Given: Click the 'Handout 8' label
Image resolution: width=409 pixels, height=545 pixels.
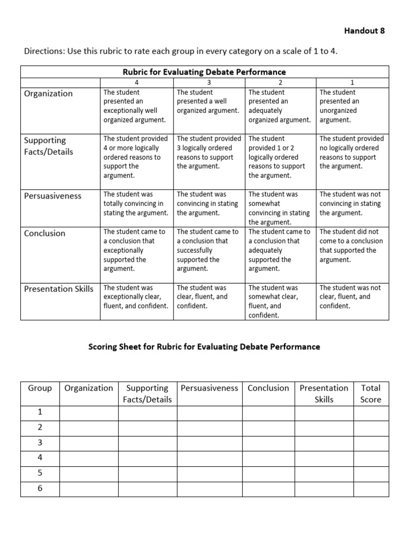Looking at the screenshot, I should point(364,31).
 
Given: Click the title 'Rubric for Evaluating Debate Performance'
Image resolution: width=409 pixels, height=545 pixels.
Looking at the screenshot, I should point(204,72).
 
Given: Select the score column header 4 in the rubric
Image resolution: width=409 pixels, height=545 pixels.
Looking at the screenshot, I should point(137,82).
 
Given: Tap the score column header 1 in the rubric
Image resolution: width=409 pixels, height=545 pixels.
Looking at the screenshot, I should point(351,82).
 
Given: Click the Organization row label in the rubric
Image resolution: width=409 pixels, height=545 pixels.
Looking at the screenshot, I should point(48,94).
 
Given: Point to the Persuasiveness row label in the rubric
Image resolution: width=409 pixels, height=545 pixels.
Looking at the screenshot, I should point(53,196).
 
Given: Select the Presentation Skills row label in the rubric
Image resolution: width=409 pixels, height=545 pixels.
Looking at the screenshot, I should point(59,289).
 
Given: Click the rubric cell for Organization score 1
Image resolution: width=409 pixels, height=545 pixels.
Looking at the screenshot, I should point(351,106).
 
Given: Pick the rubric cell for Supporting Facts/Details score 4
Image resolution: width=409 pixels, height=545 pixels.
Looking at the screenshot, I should point(137,157).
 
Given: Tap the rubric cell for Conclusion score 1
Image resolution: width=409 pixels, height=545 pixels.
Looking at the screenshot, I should point(351,246).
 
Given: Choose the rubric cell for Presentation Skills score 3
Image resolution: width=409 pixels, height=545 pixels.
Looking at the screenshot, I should point(209,297).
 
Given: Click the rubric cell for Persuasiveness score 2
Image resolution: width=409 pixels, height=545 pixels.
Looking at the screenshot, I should point(280,208).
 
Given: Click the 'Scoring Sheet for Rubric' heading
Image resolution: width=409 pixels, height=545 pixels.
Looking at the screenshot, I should point(204,346).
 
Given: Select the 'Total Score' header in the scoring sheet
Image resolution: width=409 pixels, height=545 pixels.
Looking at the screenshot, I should point(371,394).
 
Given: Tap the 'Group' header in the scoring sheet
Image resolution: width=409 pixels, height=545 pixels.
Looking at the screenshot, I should point(40,388).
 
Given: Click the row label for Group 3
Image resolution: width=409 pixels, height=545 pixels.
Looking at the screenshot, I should point(40,443).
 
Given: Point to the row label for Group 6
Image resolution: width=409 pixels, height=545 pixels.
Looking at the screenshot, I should point(40,489).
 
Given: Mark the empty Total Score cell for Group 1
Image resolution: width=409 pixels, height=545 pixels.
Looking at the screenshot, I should point(371,412).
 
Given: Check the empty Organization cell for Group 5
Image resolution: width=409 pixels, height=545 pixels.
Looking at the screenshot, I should point(88,473).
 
